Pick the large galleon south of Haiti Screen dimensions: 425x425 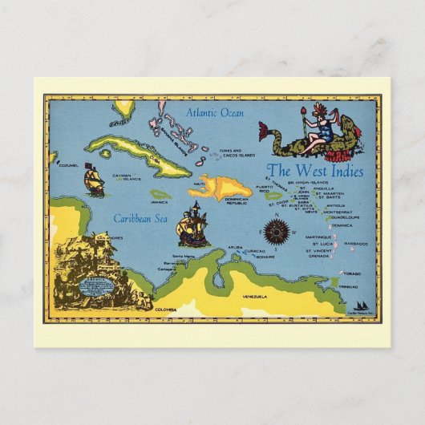coord(193,225)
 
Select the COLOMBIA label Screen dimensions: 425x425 coord(166,309)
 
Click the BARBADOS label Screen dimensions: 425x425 coord(355,244)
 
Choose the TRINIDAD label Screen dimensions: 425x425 coord(348,286)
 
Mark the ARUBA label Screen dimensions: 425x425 coord(233,248)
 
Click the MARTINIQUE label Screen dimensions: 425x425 coord(319,237)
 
